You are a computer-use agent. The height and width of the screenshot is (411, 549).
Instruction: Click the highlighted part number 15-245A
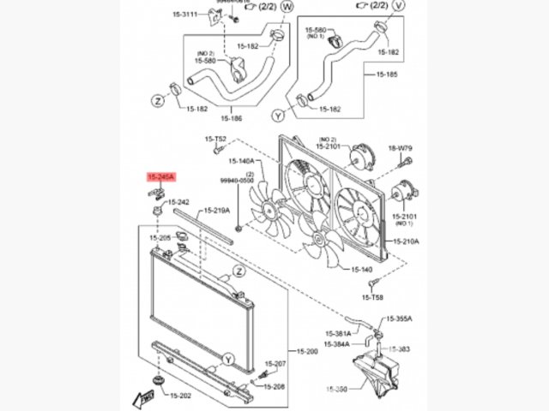[160, 177]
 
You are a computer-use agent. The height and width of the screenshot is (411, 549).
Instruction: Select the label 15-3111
[184, 15]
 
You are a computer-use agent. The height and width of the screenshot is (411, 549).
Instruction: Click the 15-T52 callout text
[215, 139]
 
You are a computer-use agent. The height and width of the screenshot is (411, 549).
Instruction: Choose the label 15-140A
[241, 161]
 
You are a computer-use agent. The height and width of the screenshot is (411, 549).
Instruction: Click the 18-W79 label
[401, 148]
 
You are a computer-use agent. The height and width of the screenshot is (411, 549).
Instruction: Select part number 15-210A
[406, 241]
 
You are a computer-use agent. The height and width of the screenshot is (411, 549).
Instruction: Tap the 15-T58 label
[372, 296]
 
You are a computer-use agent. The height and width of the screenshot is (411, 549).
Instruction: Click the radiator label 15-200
[307, 352]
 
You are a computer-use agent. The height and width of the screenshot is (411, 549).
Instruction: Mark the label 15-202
[179, 396]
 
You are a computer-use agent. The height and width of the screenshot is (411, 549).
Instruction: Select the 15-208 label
[274, 387]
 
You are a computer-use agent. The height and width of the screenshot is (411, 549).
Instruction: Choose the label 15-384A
[337, 344]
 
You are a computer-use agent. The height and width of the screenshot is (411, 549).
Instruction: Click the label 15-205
[160, 237]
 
